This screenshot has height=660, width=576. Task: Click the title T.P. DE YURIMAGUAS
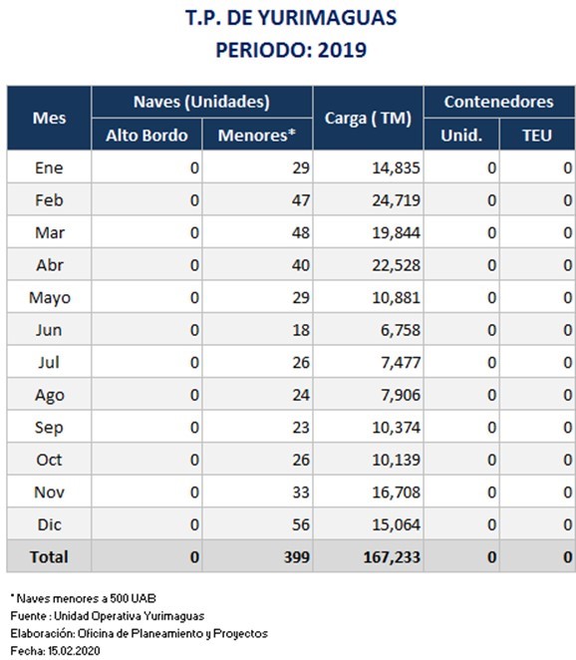coord(291,18)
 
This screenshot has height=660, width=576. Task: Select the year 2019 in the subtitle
coord(342,50)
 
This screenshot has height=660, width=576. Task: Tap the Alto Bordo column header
coord(146,136)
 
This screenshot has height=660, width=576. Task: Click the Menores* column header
coord(257,136)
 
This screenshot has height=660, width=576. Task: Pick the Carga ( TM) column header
coord(368,119)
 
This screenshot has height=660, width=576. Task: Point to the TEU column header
coord(537,136)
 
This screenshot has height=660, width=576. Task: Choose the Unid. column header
coord(461,136)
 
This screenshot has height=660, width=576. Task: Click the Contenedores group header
coord(499,102)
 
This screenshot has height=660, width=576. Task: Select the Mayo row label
coord(50,298)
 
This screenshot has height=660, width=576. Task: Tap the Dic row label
coord(49,524)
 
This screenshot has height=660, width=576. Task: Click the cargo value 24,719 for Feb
coord(396,200)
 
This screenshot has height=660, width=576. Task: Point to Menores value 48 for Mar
coord(301,232)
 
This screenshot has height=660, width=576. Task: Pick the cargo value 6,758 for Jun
coord(401,330)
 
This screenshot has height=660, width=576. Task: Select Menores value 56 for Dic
coord(301,524)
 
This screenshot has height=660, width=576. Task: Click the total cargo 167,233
coord(392,557)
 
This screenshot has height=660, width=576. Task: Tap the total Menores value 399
coord(297,557)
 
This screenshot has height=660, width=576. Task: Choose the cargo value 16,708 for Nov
coord(396,493)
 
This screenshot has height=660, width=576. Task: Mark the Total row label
coord(49,557)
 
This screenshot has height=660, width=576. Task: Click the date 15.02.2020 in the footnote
coord(74,651)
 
